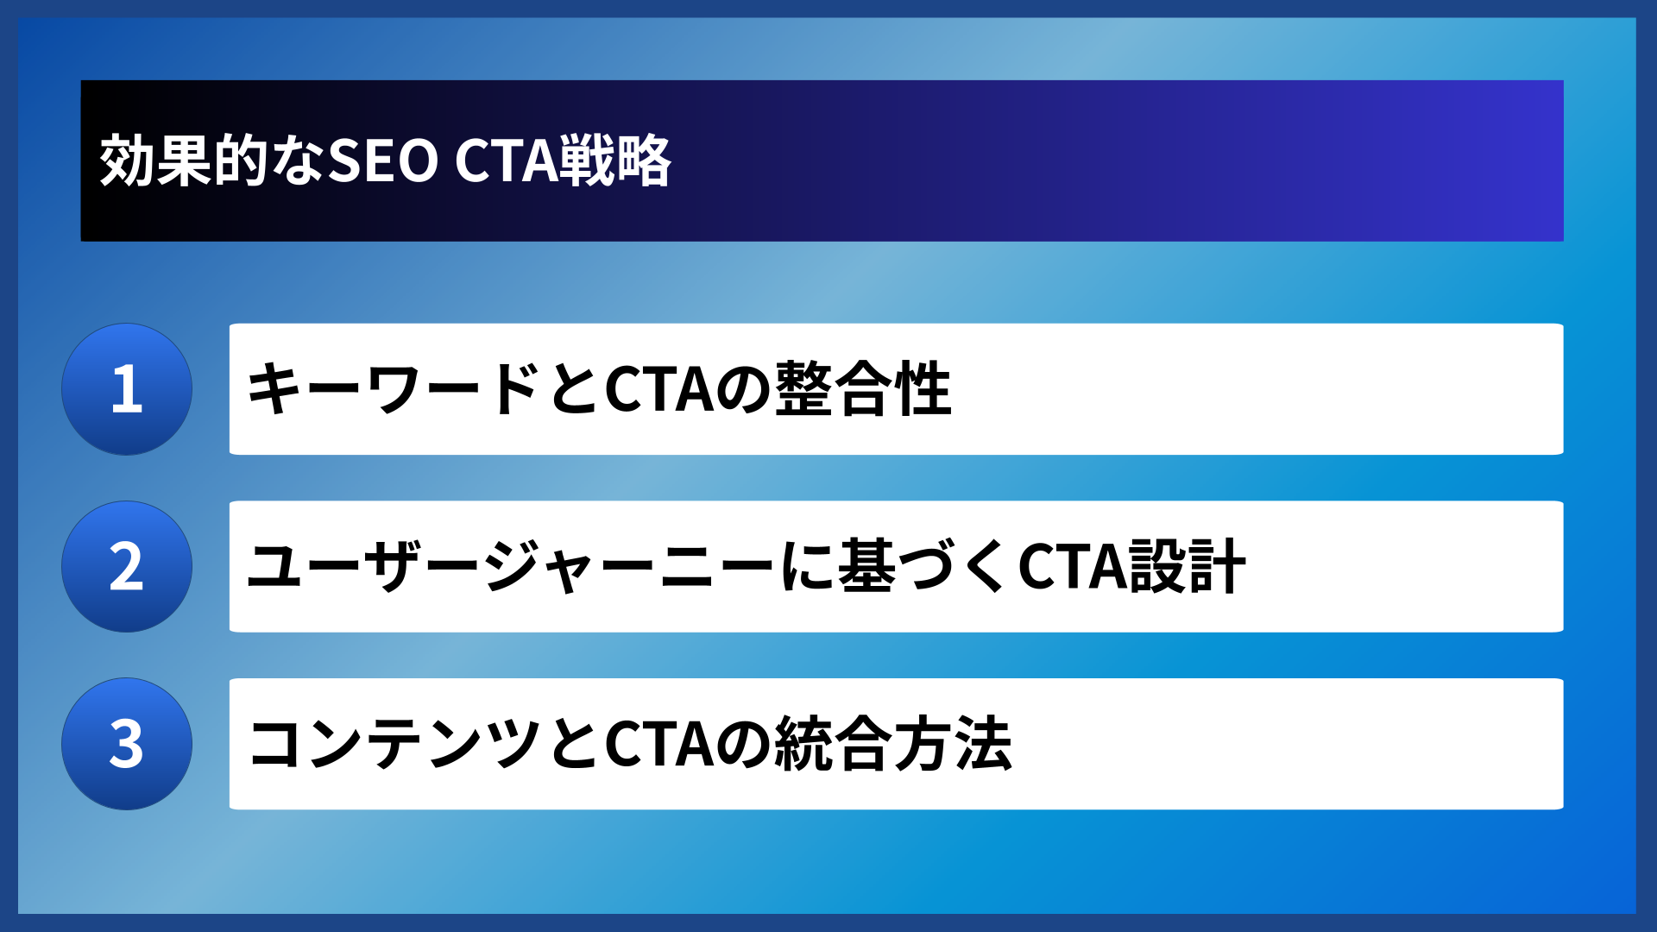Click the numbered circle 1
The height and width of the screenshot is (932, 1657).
tap(127, 389)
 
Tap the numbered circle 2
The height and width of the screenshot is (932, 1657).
tap(127, 567)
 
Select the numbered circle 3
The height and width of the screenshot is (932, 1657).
tap(127, 744)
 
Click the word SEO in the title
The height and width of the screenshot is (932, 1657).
tap(383, 161)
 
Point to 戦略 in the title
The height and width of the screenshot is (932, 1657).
tap(615, 161)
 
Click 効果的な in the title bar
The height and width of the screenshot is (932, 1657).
tap(212, 161)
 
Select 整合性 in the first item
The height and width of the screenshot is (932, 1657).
tap(863, 389)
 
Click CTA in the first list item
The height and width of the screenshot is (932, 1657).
tap(659, 389)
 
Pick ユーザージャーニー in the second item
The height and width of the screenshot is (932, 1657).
tap(509, 567)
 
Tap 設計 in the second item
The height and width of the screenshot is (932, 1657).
tap(1188, 567)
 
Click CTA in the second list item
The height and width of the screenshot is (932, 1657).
tap(1072, 567)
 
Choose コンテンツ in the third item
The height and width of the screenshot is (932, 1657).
tap(394, 744)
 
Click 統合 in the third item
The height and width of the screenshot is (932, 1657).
tap(833, 744)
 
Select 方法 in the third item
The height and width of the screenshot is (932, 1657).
tap(953, 744)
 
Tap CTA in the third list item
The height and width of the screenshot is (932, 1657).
tap(659, 744)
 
